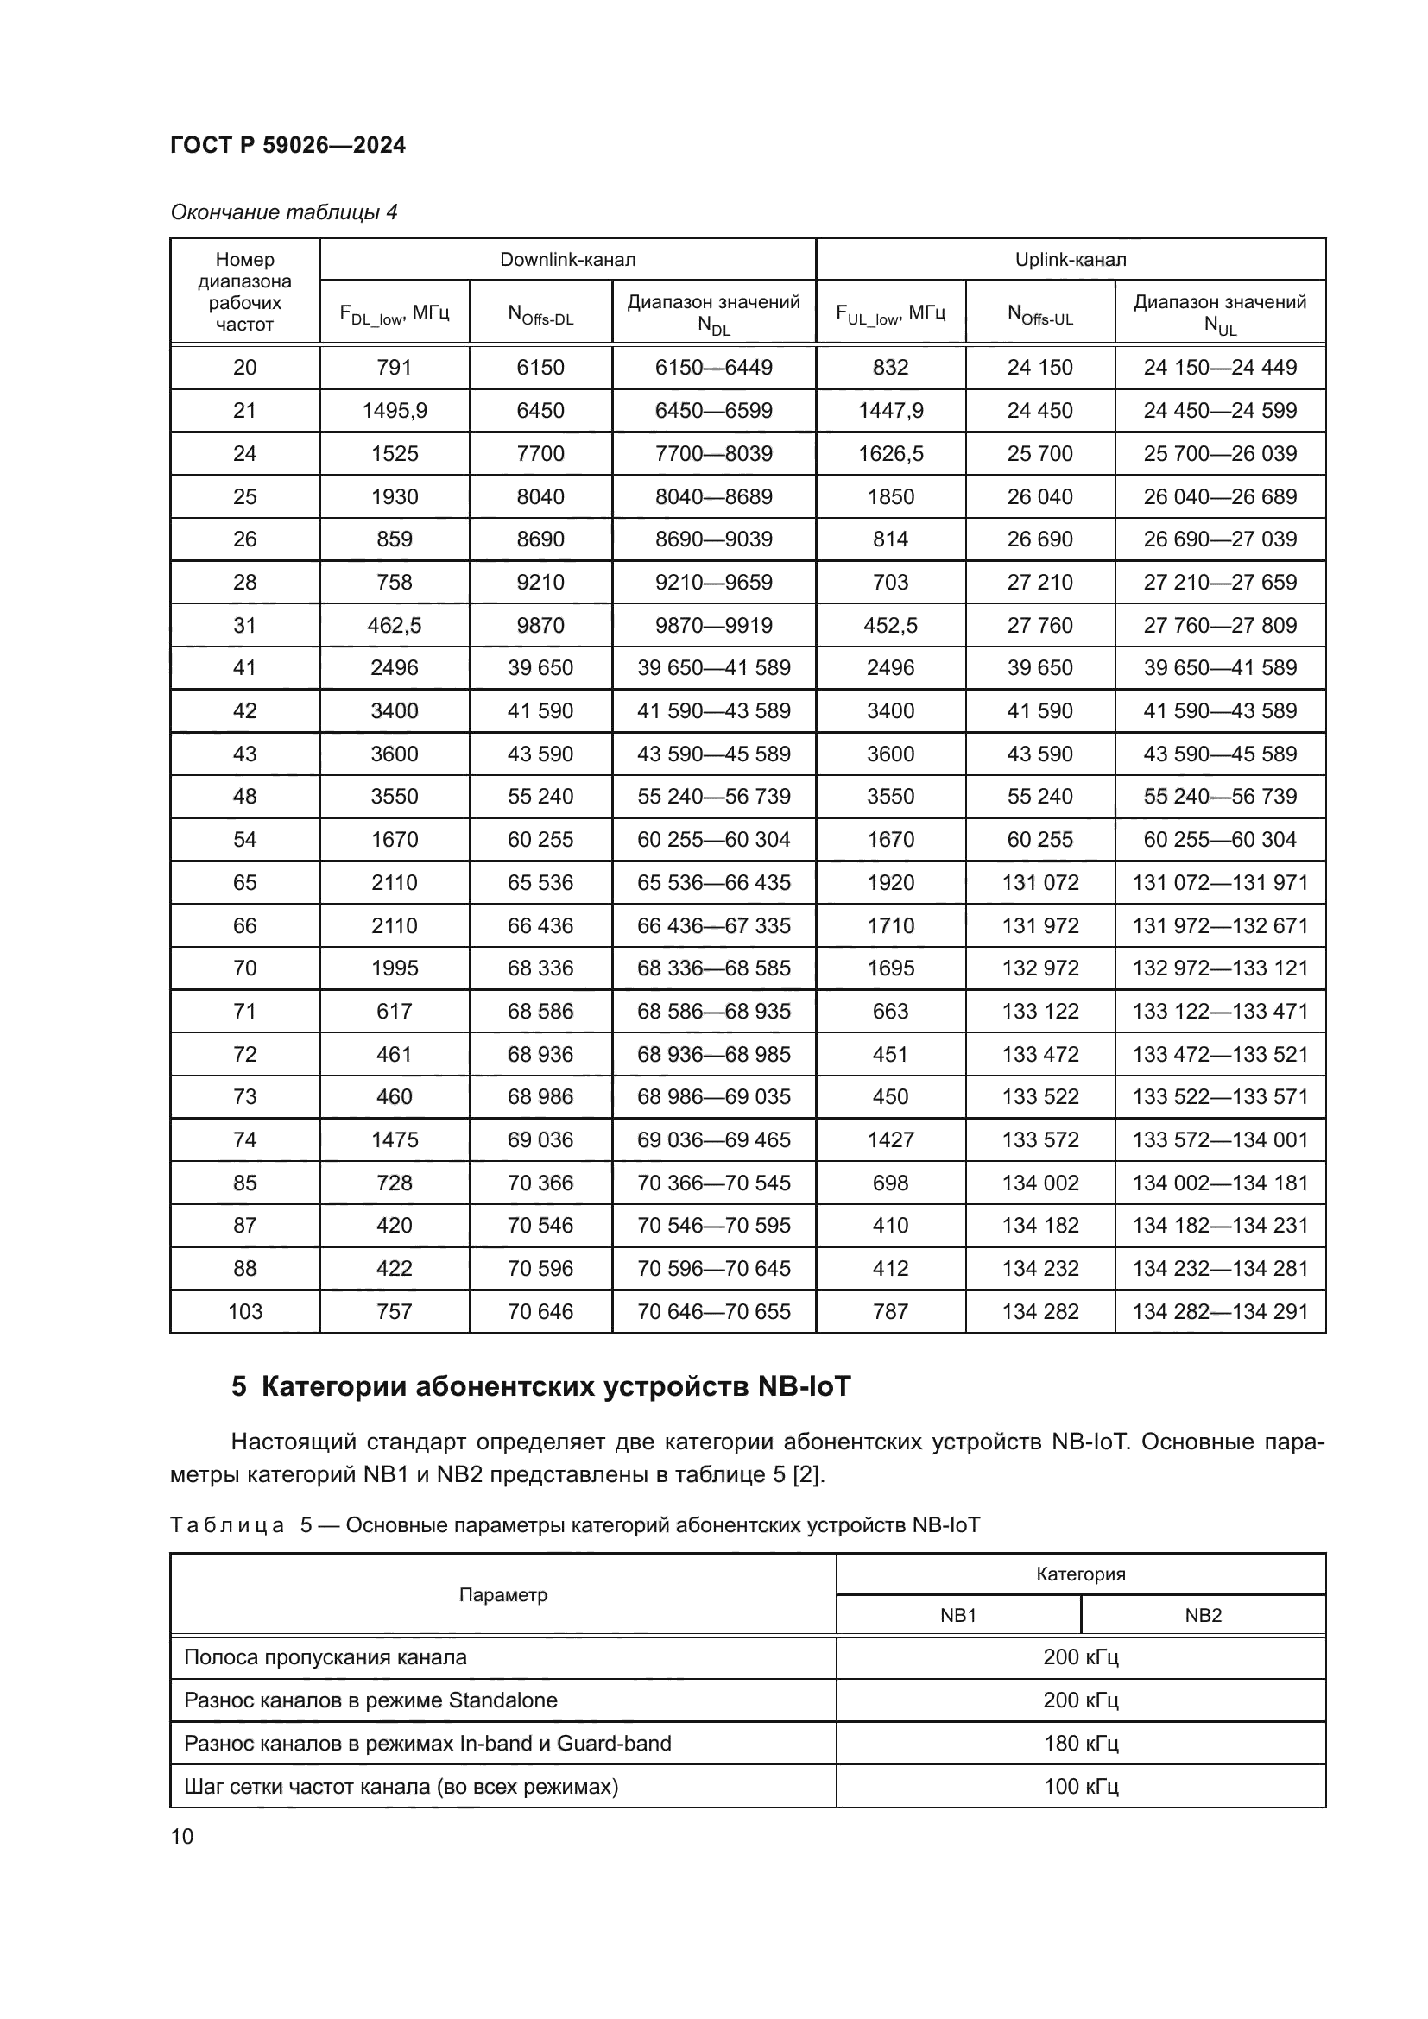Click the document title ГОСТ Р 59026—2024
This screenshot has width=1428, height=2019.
[287, 145]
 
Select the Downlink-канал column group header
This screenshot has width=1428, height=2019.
[567, 260]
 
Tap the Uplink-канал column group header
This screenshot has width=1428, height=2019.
[1070, 260]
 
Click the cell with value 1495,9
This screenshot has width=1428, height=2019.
[394, 411]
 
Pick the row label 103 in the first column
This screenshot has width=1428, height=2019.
[244, 1311]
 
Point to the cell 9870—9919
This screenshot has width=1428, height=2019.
[713, 625]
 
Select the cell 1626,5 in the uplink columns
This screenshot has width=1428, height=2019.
[890, 454]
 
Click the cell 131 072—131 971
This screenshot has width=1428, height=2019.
[1220, 882]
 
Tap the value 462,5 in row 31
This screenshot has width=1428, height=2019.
[394, 625]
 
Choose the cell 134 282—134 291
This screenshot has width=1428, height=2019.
[1220, 1311]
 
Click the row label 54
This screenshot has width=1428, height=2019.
[244, 839]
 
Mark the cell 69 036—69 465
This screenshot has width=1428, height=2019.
[713, 1139]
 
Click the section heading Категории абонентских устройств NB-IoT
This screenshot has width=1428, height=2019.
[540, 1387]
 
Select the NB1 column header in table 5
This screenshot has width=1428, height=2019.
[957, 1615]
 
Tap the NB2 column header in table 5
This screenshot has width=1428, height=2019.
[1203, 1615]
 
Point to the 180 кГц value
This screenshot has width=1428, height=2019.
[1081, 1743]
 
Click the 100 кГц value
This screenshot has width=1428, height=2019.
[1081, 1786]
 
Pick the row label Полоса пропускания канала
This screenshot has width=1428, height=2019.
[325, 1657]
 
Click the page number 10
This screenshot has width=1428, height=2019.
[182, 1836]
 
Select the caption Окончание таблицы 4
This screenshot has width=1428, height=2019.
[283, 212]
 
